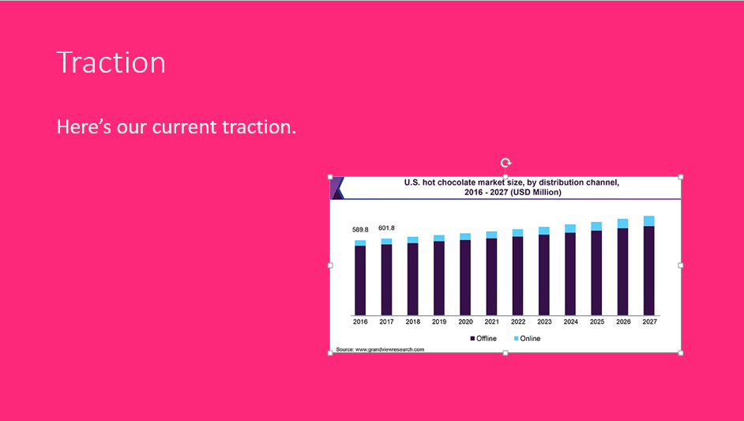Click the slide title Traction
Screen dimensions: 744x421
[x=111, y=62]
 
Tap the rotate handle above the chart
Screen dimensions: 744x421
[x=505, y=164]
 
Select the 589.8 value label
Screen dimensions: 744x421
[x=360, y=230]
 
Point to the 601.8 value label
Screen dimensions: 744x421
[x=386, y=228]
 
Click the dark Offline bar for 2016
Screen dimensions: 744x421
[x=360, y=280]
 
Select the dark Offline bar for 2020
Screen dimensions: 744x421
[x=465, y=278]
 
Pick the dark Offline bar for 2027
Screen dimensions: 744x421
[x=648, y=271]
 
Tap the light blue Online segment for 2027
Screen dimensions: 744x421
[x=648, y=221]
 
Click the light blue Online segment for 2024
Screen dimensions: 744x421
[x=570, y=229]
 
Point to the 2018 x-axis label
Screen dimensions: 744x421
[x=413, y=321]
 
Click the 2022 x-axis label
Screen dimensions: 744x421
[x=518, y=321]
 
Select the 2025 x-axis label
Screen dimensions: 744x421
[x=597, y=321]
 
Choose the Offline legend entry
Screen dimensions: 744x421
[x=483, y=338]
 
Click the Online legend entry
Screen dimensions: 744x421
[x=527, y=338]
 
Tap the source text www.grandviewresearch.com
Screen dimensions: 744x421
[x=389, y=350]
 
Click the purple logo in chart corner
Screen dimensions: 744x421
[x=337, y=188]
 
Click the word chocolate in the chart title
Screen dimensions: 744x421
[x=457, y=182]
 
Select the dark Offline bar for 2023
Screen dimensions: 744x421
[x=544, y=275]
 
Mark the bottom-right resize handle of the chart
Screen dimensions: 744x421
[x=681, y=353]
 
